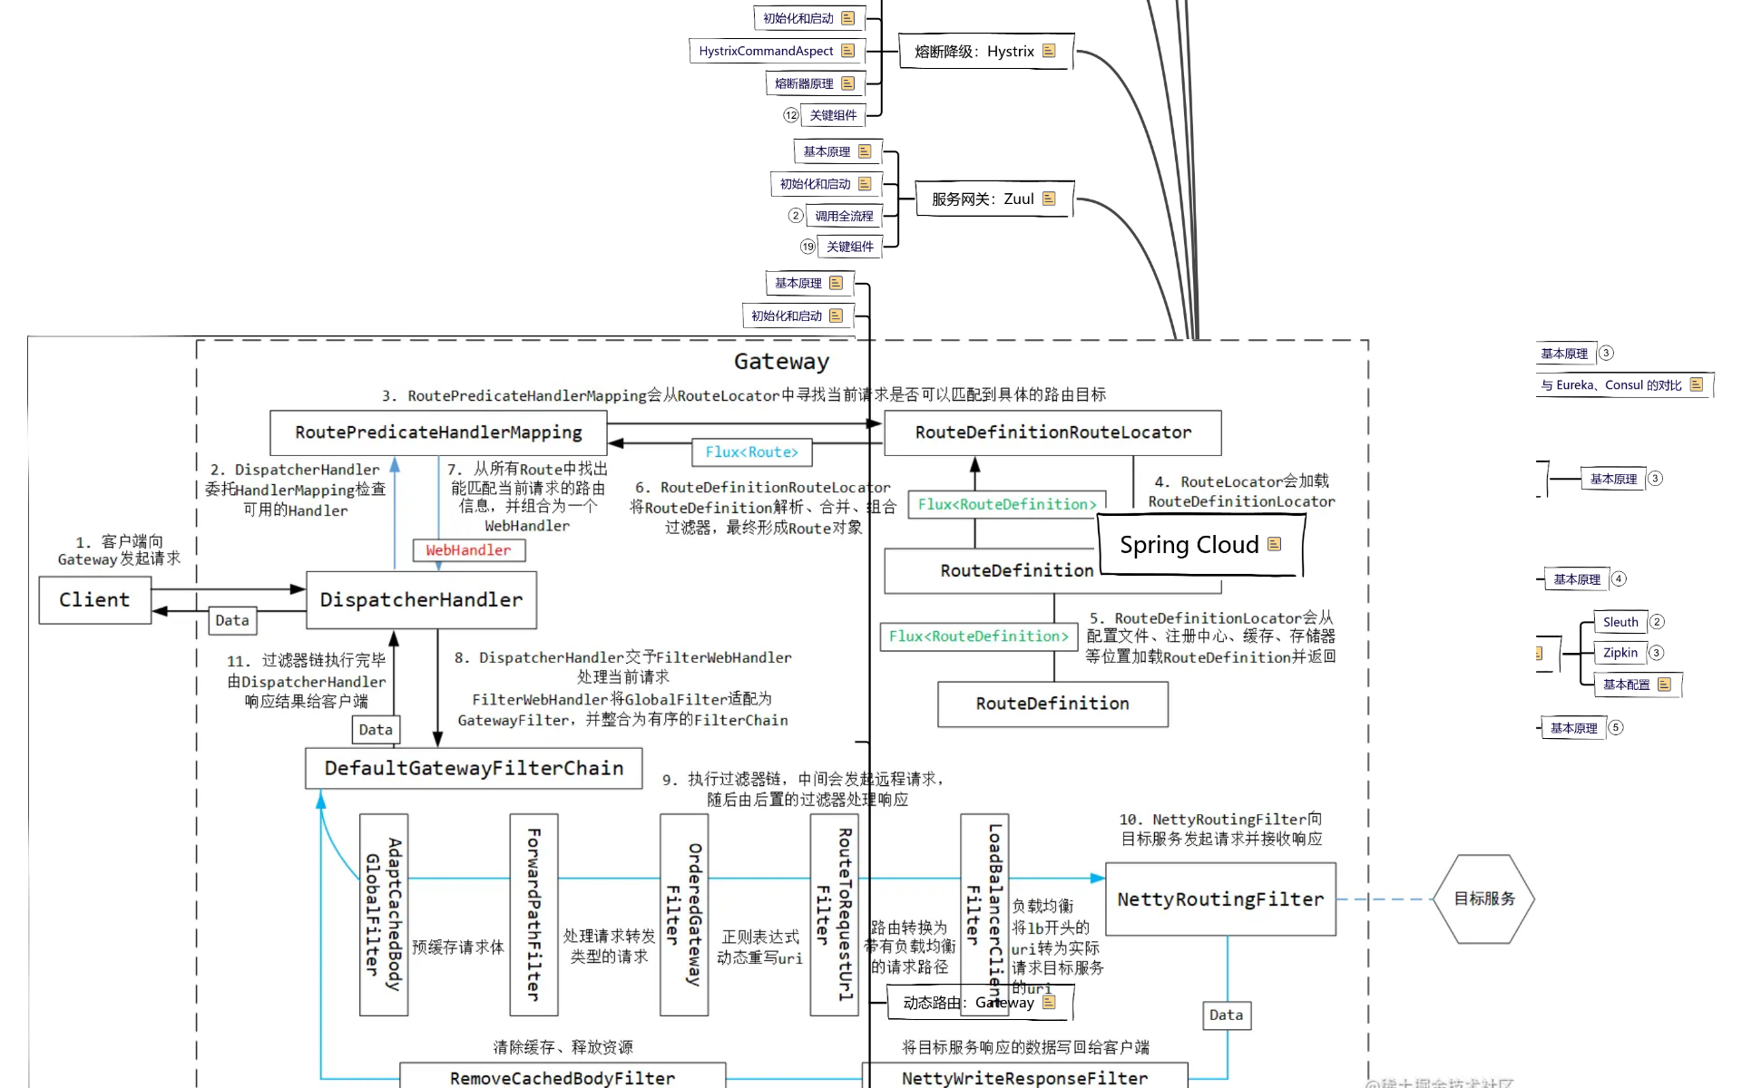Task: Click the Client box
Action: pyautogui.click(x=94, y=600)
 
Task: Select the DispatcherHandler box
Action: pyautogui.click(x=421, y=600)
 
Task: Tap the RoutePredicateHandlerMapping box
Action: pyautogui.click(x=438, y=432)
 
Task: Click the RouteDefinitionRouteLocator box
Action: pyautogui.click(x=1052, y=432)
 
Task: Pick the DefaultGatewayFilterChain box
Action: pyautogui.click(x=474, y=769)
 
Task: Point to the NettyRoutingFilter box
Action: pyautogui.click(x=1220, y=899)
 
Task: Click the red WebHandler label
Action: pyautogui.click(x=468, y=550)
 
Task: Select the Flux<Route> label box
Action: pyautogui.click(x=752, y=452)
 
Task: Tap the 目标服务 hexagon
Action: pyautogui.click(x=1484, y=899)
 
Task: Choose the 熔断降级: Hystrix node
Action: pyautogui.click(x=985, y=52)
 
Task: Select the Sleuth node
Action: pyautogui.click(x=1620, y=622)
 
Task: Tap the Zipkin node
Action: pyautogui.click(x=1620, y=653)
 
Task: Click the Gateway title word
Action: pyautogui.click(x=781, y=362)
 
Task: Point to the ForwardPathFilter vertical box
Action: pyautogui.click(x=533, y=914)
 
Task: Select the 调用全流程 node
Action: pyautogui.click(x=844, y=217)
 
